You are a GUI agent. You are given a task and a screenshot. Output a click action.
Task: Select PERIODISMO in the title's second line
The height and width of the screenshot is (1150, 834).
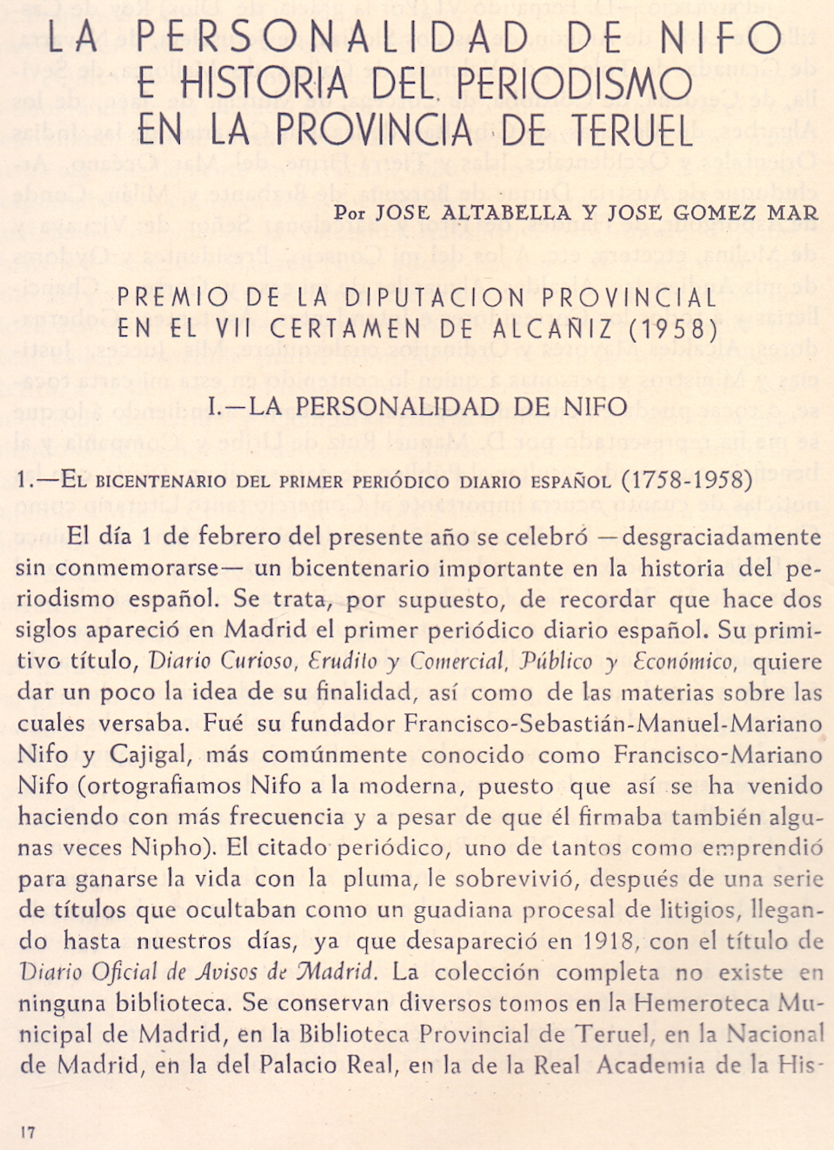[x=574, y=84]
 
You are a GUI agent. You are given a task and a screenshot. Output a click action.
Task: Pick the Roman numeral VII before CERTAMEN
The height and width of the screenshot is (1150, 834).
[x=230, y=329]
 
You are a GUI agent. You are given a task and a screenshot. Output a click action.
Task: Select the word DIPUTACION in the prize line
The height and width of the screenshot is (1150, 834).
[x=437, y=298]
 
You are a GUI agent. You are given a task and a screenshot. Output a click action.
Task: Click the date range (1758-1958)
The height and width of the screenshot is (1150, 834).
[x=687, y=480]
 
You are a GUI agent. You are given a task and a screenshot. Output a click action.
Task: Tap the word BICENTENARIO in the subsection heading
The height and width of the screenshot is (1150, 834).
[x=153, y=481]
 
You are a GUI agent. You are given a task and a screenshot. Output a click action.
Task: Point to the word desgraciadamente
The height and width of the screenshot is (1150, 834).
[x=721, y=537]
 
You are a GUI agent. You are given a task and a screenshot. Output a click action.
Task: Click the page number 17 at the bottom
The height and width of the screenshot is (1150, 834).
[x=28, y=1132]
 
